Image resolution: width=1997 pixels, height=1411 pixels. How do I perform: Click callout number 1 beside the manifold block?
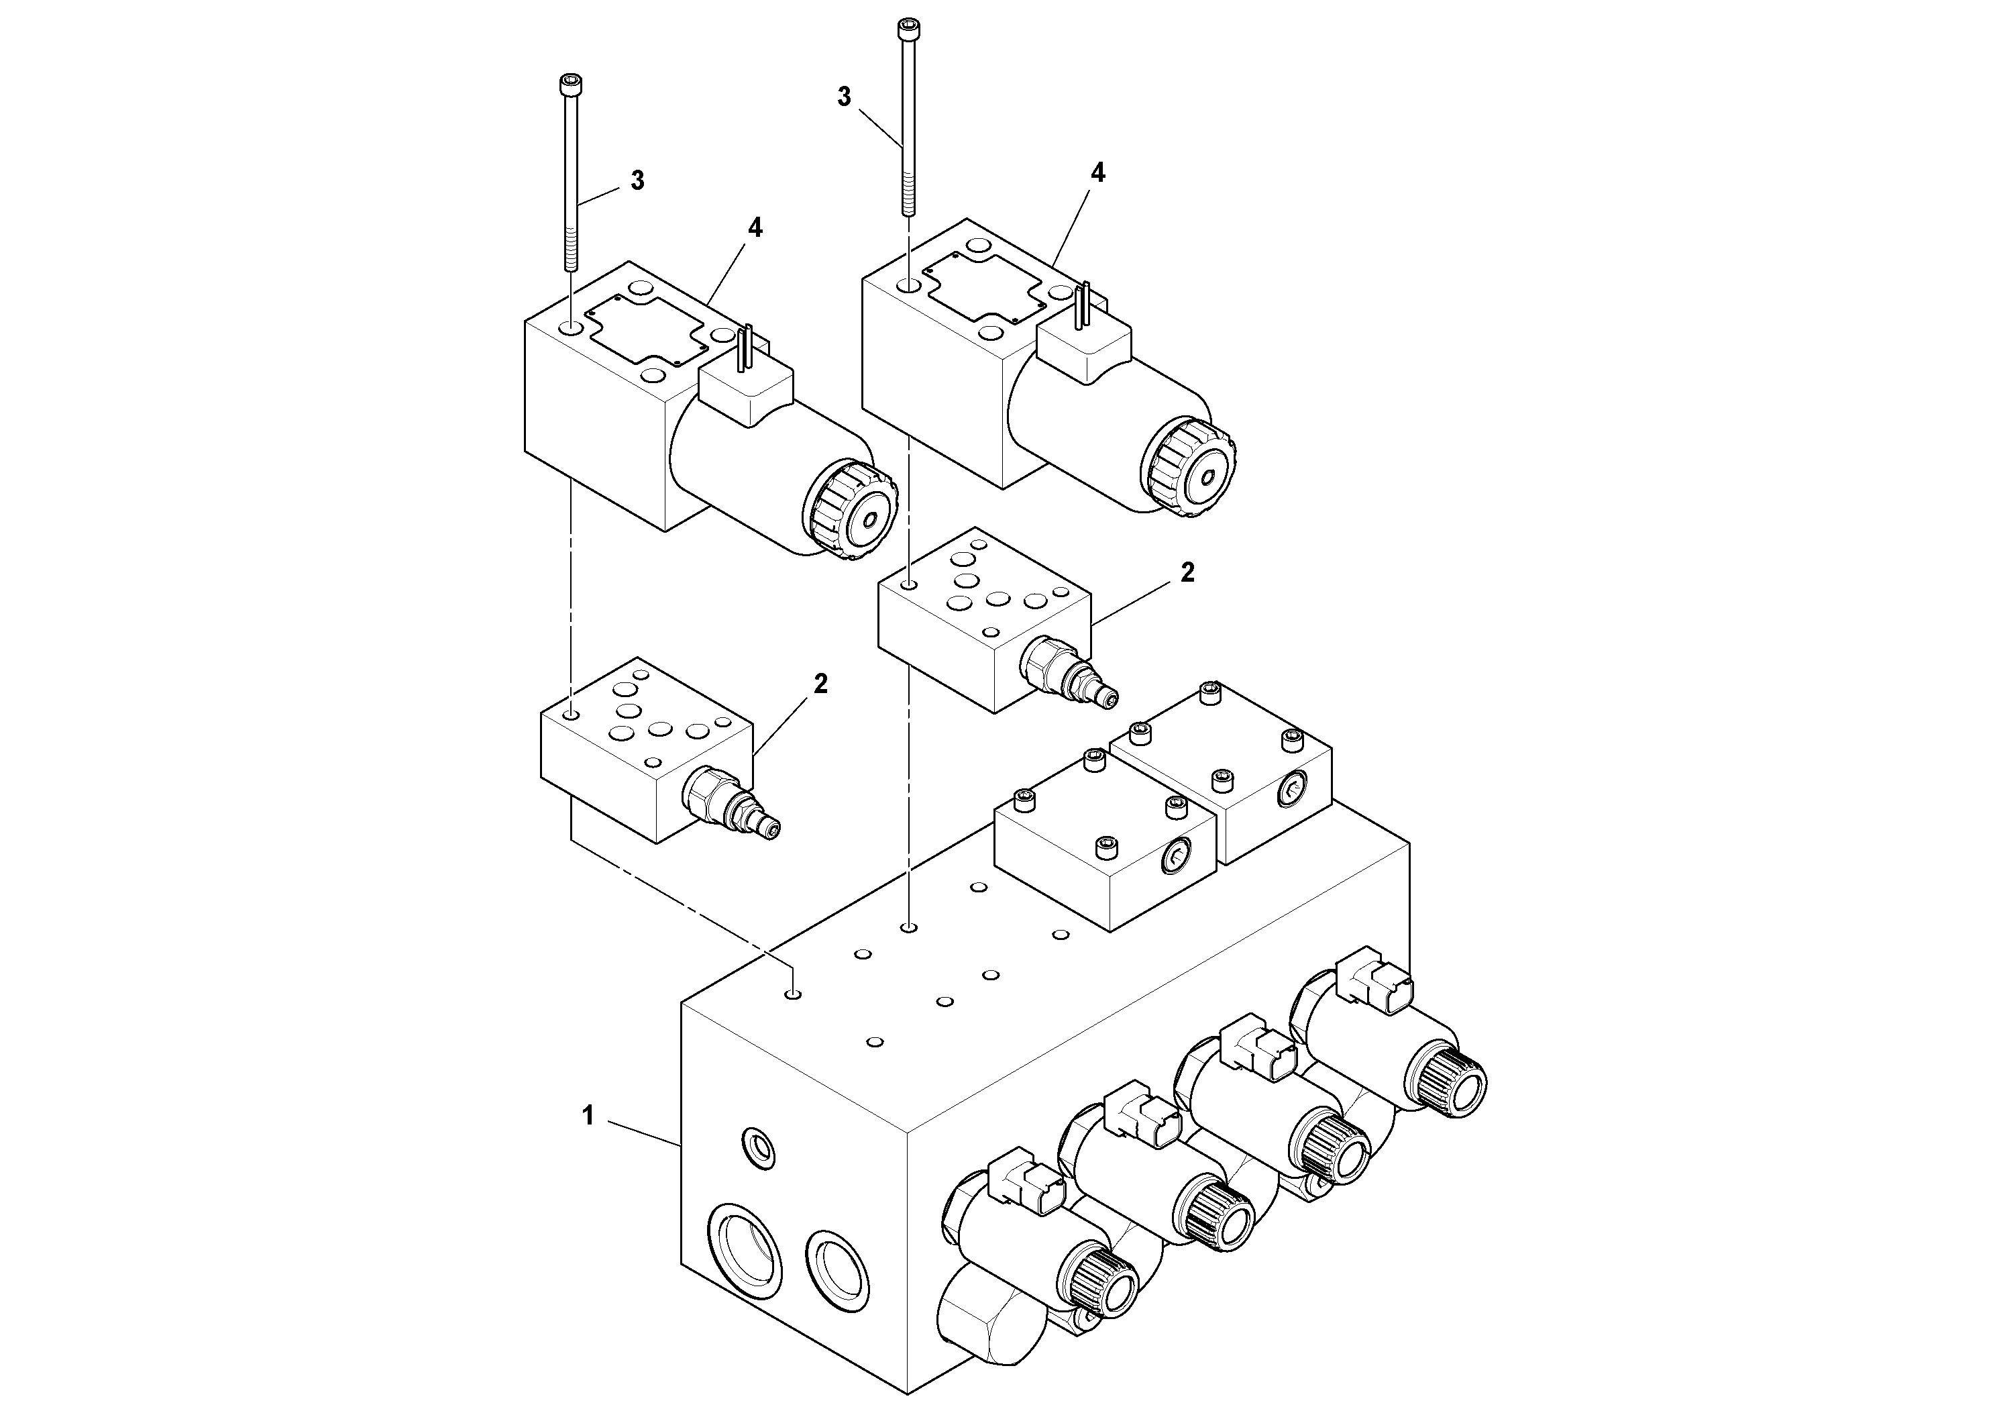588,1115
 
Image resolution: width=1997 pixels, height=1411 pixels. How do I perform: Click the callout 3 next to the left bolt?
637,181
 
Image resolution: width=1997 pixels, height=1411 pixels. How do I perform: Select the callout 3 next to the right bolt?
844,97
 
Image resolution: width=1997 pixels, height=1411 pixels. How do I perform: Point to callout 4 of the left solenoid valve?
755,228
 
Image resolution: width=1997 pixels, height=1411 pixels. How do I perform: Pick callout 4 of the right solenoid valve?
1097,173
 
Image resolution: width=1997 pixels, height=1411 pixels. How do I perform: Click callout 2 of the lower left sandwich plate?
820,684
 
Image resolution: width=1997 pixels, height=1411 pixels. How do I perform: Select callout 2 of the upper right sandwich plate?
1187,572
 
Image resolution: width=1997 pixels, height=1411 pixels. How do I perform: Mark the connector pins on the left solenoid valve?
745,348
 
